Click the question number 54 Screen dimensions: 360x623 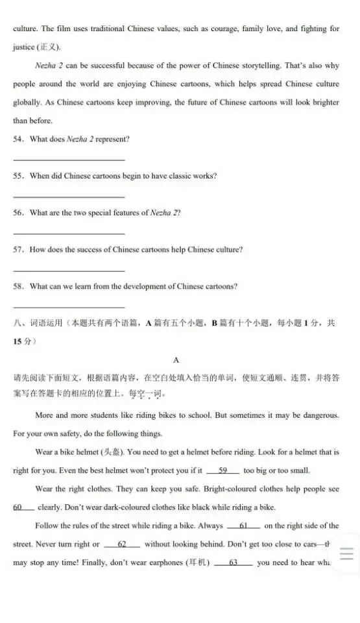[x=18, y=139]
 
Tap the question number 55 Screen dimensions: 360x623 [x=18, y=176]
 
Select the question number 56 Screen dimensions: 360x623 [x=18, y=213]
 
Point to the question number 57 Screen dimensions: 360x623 [x=18, y=250]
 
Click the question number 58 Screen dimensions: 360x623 [x=18, y=286]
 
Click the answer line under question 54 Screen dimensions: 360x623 [x=69, y=160]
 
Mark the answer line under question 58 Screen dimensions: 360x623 [x=69, y=307]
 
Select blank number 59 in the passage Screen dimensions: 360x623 [x=222, y=470]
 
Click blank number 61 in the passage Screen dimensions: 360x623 [x=244, y=526]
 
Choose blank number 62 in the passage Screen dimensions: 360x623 [x=121, y=544]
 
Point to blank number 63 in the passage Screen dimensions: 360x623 [x=233, y=563]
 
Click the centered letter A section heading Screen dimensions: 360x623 [x=176, y=359]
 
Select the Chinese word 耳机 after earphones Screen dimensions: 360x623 [x=197, y=563]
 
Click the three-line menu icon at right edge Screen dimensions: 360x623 [x=346, y=554]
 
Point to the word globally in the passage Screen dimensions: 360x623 [x=28, y=103]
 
